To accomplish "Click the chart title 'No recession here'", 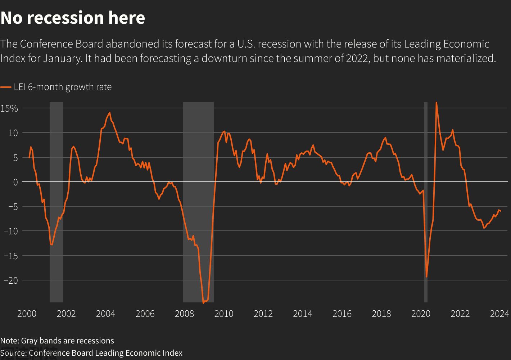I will click(x=73, y=18).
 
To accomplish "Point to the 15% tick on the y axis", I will click(x=9, y=108).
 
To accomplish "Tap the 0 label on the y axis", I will click(x=15, y=182).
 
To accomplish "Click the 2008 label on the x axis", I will click(x=184, y=314).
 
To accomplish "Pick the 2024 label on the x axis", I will click(x=499, y=314).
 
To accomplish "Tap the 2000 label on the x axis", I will click(x=27, y=314).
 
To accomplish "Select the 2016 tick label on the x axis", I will click(x=342, y=314).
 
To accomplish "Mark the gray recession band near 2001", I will click(x=56, y=202).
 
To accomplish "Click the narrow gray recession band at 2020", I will click(x=426, y=202).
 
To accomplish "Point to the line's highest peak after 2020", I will click(x=436, y=103).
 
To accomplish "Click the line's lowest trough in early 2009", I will click(x=203, y=303).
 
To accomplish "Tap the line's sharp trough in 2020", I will click(x=426, y=277).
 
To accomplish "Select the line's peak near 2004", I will click(x=109, y=113).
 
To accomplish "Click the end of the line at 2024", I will click(x=501, y=211).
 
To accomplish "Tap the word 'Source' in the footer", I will click(x=13, y=353).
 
